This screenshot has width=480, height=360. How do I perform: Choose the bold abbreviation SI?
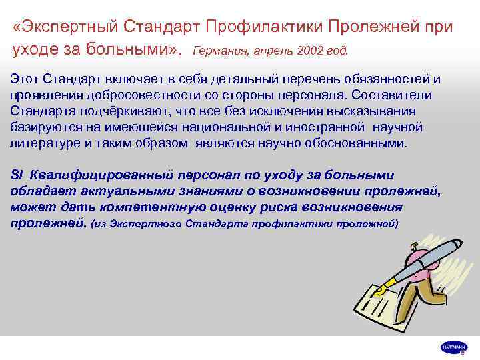pos(17,175)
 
